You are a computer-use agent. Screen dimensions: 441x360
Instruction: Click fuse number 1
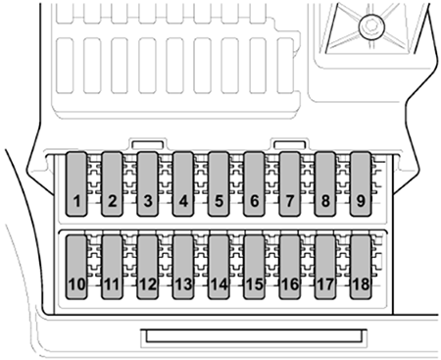click(76, 183)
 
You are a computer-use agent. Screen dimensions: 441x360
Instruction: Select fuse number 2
click(112, 183)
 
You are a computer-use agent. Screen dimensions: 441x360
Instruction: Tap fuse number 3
click(148, 183)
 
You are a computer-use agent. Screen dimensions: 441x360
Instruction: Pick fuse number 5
click(219, 183)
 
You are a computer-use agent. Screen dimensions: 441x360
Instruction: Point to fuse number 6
click(254, 183)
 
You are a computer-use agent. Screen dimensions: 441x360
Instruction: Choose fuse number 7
click(290, 183)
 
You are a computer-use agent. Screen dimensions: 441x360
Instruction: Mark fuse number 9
click(361, 183)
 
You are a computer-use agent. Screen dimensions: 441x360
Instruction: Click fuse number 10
click(76, 267)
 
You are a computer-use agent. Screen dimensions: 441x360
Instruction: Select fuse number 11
click(112, 267)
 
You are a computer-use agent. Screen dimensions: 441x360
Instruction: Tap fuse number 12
click(148, 267)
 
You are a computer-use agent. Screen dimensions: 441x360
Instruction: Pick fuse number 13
click(183, 267)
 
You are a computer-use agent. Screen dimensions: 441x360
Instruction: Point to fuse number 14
click(219, 267)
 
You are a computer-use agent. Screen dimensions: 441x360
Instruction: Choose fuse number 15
click(254, 267)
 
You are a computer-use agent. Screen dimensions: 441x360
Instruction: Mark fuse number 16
click(290, 267)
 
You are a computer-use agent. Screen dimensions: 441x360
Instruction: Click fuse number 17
click(325, 267)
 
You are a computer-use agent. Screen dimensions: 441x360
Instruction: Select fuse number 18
click(361, 267)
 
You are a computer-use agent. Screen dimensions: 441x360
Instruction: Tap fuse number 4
click(183, 183)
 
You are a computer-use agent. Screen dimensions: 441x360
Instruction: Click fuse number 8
click(325, 183)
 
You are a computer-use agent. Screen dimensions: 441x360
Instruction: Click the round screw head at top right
click(371, 26)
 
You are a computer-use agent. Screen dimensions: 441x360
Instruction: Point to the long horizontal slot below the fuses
click(254, 336)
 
